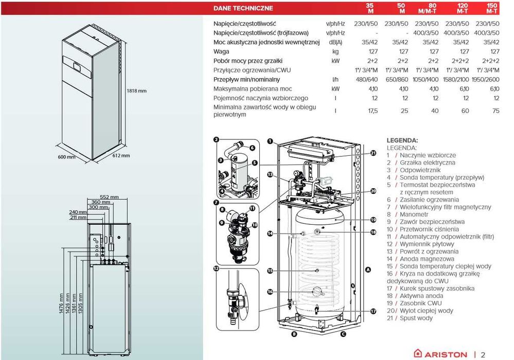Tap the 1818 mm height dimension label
[136, 91]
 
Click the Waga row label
[222, 51]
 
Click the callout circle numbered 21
[373, 153]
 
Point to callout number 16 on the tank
[270, 292]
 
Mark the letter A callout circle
[368, 269]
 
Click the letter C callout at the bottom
[343, 334]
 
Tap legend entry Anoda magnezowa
[420, 259]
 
